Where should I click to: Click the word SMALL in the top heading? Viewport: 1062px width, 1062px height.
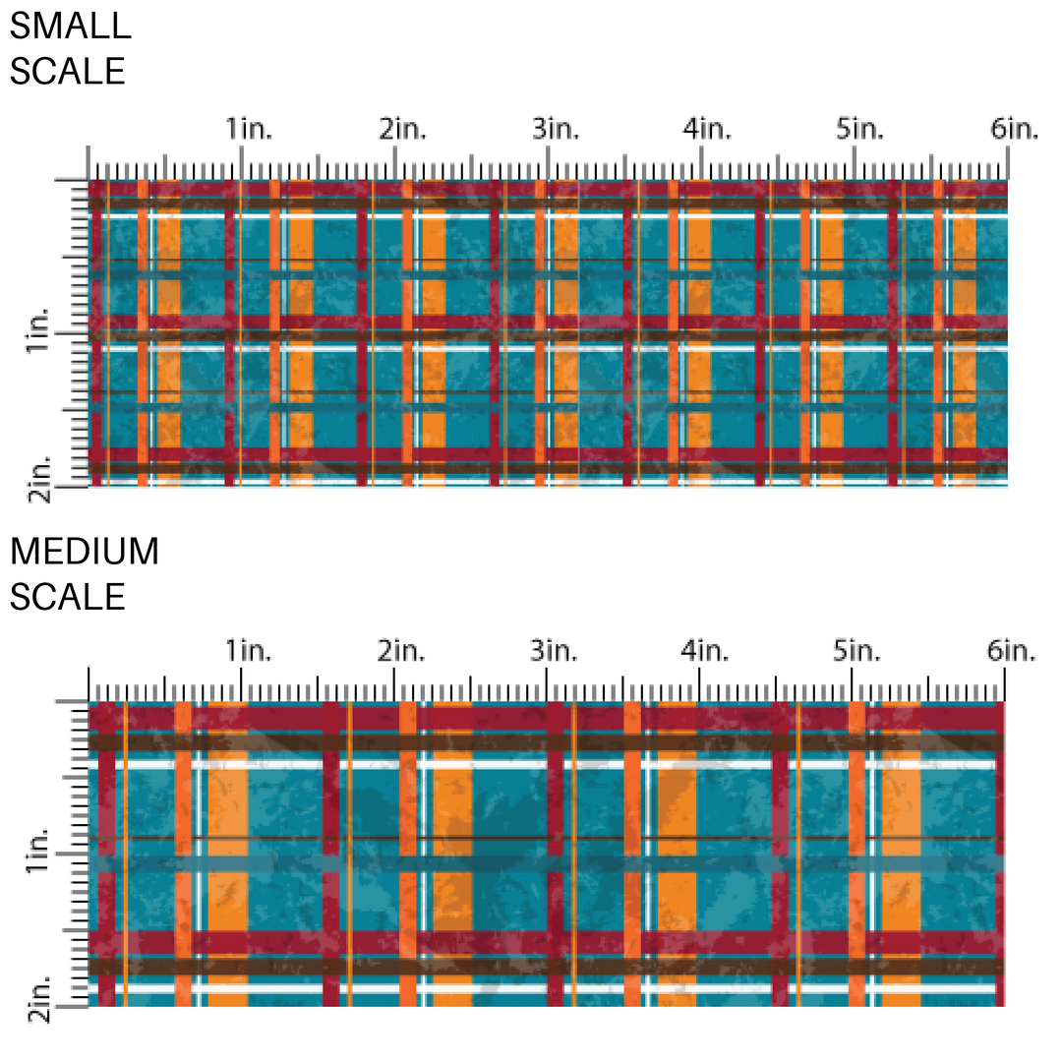[x=70, y=27]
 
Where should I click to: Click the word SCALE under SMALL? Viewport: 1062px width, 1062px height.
[x=68, y=72]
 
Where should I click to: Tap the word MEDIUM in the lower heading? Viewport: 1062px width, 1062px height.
[x=84, y=552]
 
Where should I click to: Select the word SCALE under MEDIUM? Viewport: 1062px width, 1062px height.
[x=68, y=597]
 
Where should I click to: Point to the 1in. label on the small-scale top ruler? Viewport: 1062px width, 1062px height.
[x=249, y=129]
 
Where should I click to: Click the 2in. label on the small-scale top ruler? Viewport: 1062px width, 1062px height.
[x=402, y=129]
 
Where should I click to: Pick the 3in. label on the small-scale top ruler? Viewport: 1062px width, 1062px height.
[x=556, y=129]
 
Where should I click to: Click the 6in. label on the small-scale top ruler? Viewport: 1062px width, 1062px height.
[x=1014, y=129]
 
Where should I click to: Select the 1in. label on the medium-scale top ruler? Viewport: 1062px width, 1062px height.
[x=249, y=651]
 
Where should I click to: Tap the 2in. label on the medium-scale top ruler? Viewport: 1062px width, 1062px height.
[x=402, y=651]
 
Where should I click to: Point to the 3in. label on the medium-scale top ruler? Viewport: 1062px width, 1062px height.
[x=556, y=651]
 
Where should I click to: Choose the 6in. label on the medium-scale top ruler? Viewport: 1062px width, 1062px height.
[x=1013, y=651]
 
